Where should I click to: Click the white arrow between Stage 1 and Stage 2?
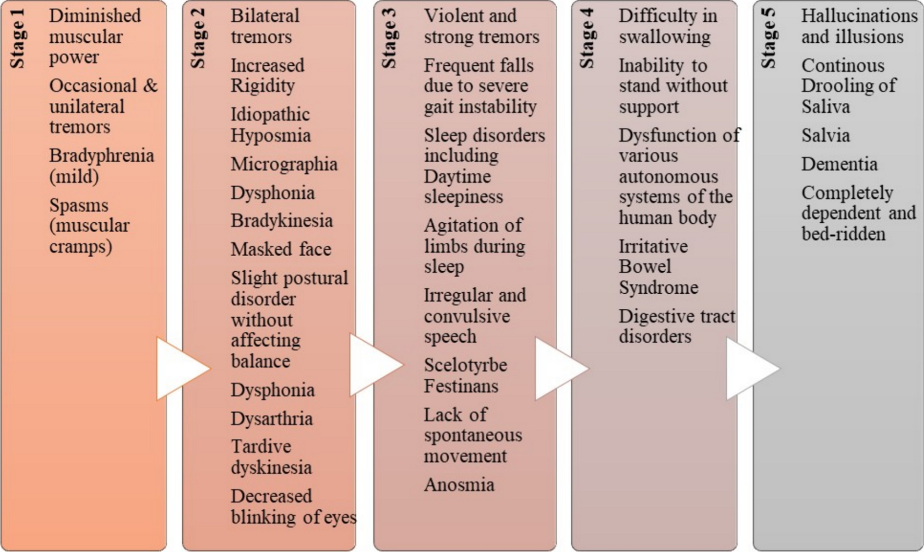180,369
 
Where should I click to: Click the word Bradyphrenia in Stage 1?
101,155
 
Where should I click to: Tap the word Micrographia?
284,164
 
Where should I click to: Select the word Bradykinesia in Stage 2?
281,220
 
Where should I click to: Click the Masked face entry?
281,249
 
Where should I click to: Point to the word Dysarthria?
271,418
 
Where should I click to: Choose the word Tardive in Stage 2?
261,447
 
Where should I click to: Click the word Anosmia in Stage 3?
459,485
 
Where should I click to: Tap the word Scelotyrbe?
465,365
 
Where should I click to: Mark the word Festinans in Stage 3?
461,386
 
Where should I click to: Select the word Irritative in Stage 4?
653,246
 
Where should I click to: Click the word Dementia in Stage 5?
839,164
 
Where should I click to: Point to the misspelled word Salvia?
825,136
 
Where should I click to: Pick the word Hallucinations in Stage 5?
859,16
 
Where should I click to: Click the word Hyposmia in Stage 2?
270,136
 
